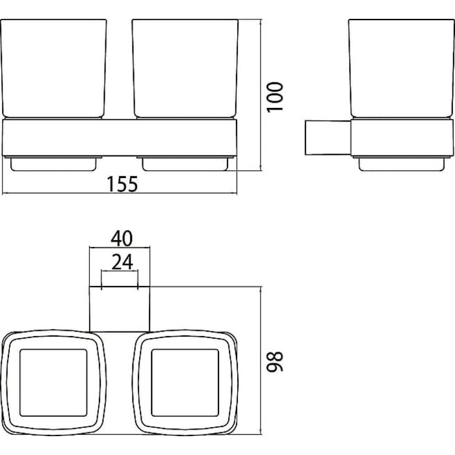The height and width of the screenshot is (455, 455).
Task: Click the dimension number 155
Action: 122,184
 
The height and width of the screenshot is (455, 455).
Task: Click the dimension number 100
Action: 274,97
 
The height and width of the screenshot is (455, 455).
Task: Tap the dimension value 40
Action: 122,239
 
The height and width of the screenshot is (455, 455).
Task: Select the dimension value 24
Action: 122,262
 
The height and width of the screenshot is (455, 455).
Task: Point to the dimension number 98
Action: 274,361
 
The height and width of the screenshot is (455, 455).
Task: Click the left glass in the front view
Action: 54,69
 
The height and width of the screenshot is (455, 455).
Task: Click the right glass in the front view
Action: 185,69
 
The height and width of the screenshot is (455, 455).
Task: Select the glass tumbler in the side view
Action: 401,69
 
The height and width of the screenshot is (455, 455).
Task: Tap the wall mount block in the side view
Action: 328,137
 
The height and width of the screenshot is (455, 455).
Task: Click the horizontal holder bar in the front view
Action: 119,138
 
